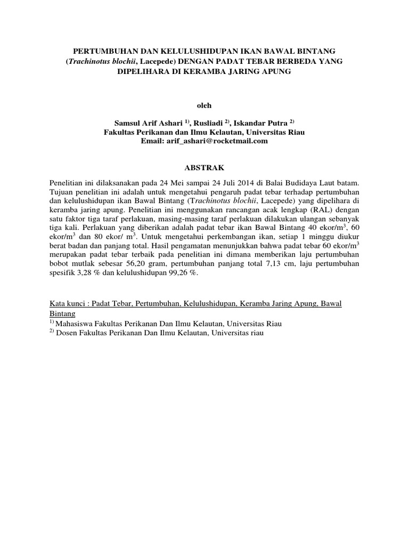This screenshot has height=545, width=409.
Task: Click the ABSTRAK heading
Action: pos(204,167)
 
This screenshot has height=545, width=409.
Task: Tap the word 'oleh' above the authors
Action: pos(204,106)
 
